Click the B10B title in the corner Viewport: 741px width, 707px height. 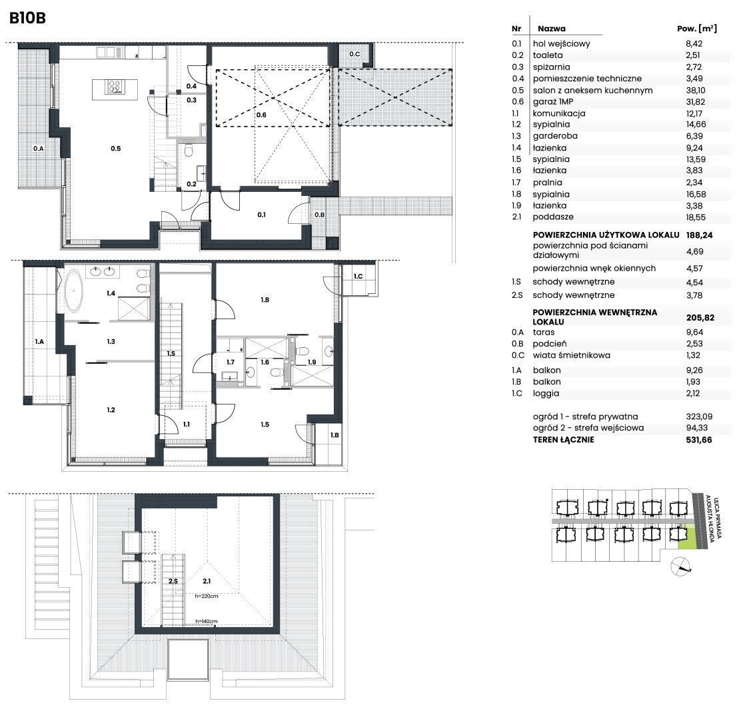27,18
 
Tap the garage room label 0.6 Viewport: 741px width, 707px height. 261,115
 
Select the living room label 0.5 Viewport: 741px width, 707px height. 116,149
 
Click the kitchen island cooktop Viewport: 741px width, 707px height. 115,87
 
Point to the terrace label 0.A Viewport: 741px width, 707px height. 38,149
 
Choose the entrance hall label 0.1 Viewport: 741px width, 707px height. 261,215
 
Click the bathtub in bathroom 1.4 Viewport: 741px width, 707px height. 74,291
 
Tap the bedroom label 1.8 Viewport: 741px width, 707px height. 265,300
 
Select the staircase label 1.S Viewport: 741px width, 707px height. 171,353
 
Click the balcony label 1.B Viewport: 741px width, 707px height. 335,435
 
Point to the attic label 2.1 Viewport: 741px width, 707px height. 207,581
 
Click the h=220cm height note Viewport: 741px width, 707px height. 207,596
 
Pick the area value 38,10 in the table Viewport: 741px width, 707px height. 694,90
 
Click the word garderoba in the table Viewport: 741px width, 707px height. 555,136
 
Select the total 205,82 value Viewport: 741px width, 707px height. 700,318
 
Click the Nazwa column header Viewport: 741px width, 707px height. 552,29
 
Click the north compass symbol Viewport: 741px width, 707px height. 680,566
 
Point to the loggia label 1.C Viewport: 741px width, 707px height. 359,277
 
